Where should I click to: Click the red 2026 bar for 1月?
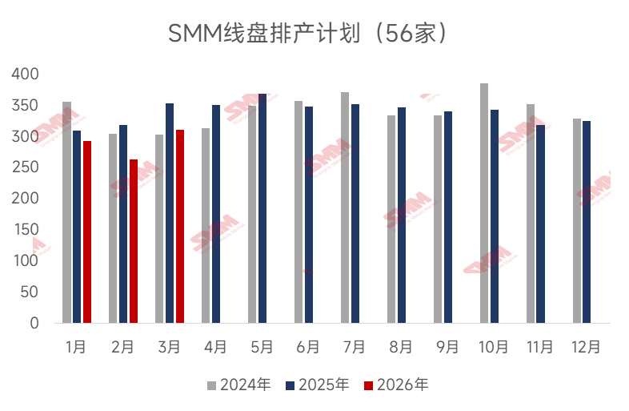[87, 232]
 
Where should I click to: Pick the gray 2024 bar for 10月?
[484, 203]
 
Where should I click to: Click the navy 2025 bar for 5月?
[262, 208]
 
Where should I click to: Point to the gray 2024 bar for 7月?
[345, 208]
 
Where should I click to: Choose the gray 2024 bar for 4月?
[206, 225]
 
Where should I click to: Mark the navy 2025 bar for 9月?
[448, 217]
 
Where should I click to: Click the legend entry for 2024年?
[239, 385]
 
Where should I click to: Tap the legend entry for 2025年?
[318, 385]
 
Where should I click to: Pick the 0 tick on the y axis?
[34, 323]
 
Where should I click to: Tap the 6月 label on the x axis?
[308, 347]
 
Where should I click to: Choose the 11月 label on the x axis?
[540, 347]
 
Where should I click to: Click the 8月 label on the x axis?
[401, 347]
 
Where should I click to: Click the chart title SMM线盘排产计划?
[308, 34]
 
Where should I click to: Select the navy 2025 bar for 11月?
[541, 224]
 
